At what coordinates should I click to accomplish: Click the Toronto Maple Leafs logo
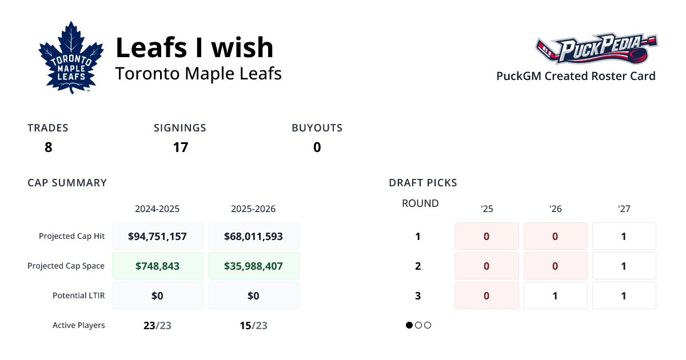tap(71, 57)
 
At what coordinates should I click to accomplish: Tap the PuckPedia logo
tap(596, 49)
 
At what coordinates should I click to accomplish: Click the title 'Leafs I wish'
tap(194, 47)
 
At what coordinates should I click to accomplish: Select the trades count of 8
tap(48, 147)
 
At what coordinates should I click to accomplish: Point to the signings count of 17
tap(181, 147)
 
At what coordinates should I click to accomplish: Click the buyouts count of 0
tap(317, 147)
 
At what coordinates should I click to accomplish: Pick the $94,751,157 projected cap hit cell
tap(157, 236)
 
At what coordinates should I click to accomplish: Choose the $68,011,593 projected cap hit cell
tap(253, 236)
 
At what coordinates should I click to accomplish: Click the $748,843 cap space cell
tap(157, 266)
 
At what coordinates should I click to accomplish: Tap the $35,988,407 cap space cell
tap(253, 266)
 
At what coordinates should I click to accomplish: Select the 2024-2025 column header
tap(157, 209)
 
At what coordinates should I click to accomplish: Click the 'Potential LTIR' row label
tap(78, 295)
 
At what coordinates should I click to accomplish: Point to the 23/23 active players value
tap(157, 326)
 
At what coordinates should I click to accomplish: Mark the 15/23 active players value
tap(253, 326)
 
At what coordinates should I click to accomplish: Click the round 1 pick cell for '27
tap(624, 236)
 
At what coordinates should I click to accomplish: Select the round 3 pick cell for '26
tap(555, 295)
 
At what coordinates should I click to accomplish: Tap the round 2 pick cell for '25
tap(486, 266)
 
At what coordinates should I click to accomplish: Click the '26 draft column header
tap(555, 209)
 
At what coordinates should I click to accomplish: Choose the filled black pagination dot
tap(409, 325)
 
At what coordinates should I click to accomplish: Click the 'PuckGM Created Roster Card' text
tap(576, 76)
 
